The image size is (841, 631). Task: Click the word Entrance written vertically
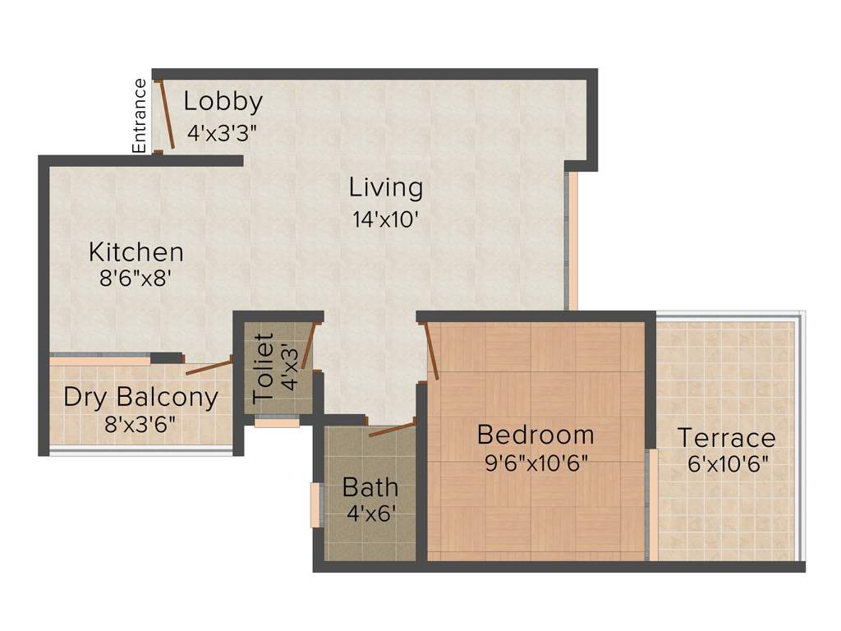point(140,115)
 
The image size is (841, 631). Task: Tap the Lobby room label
point(223,102)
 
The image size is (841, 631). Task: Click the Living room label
point(386,188)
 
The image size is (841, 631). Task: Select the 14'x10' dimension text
point(386,219)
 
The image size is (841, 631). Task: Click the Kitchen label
point(136,251)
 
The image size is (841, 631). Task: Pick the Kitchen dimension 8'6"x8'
point(136,279)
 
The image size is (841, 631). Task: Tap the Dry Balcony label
point(141,398)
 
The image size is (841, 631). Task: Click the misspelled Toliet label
point(263,367)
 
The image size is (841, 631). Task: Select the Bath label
point(370,487)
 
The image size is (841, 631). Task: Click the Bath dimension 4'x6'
point(370,515)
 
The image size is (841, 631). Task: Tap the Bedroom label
point(535,434)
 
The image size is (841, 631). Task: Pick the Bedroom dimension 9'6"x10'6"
point(536,463)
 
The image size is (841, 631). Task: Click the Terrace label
point(726,437)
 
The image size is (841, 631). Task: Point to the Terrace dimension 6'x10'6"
point(728,463)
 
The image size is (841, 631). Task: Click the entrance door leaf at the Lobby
point(164,114)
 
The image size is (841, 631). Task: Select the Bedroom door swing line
point(431,351)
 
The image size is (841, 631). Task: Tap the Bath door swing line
point(391,429)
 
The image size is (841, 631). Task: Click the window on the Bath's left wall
point(314,504)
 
